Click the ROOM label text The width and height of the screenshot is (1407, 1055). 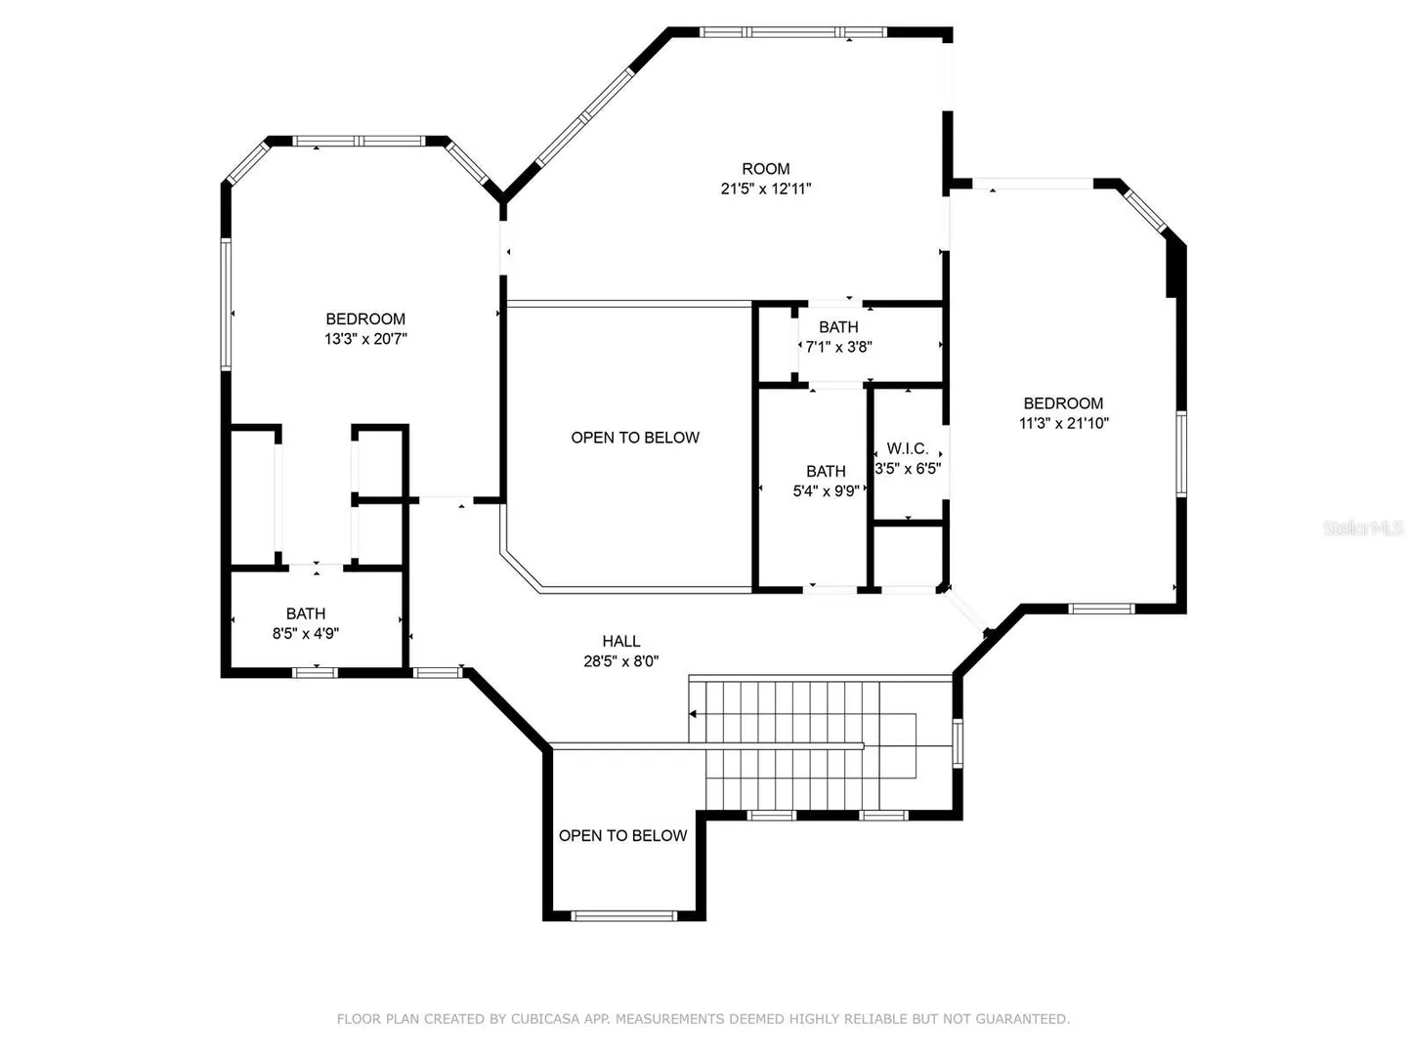tap(765, 169)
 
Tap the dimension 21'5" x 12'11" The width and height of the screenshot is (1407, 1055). tap(766, 189)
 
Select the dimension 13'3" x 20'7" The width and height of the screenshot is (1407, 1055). tap(365, 339)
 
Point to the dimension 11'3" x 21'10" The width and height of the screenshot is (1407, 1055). tap(1063, 423)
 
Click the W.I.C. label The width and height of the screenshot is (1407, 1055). tap(907, 448)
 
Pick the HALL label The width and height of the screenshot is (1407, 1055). tap(620, 641)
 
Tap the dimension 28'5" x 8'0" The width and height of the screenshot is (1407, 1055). tap(620, 661)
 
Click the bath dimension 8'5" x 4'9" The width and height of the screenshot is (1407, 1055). tap(305, 634)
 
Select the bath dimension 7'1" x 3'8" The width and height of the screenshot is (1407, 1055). tap(838, 347)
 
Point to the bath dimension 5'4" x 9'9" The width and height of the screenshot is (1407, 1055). tap(826, 491)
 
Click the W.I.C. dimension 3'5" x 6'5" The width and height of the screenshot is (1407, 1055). tap(908, 468)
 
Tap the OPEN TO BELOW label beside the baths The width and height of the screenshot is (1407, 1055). tap(634, 438)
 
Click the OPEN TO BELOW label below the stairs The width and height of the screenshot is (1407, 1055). tap(622, 835)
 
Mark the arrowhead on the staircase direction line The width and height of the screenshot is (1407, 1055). tap(693, 713)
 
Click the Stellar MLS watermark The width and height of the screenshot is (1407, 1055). tap(1362, 527)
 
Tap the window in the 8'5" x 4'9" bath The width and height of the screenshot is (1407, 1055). tap(315, 673)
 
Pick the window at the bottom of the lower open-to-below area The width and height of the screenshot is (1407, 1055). tap(623, 916)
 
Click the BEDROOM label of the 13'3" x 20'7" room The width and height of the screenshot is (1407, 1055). tap(365, 319)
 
